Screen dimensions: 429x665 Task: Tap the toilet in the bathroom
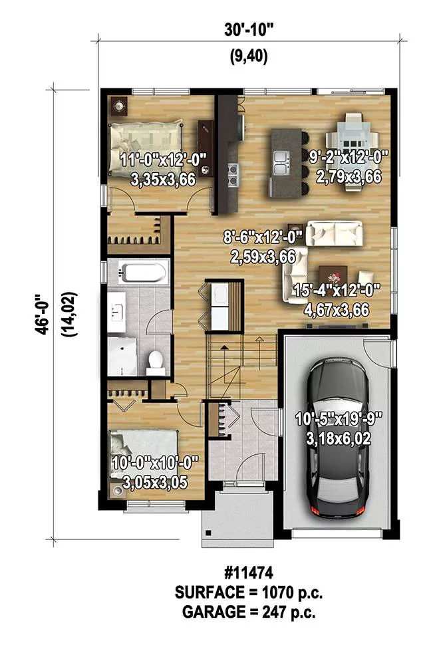coord(156,362)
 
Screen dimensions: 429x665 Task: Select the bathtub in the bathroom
coord(142,273)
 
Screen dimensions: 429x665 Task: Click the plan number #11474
coord(248,573)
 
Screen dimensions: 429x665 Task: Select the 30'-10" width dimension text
coord(249,30)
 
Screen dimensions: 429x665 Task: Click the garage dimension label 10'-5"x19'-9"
coord(339,419)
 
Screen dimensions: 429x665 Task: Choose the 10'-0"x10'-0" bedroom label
coord(155,463)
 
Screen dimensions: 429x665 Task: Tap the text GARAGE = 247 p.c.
coord(249,612)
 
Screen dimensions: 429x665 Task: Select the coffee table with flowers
coord(333,277)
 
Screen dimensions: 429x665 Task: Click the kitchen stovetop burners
coord(232,175)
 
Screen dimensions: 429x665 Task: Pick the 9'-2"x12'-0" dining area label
coord(349,158)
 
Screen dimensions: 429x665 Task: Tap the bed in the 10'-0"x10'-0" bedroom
coord(144,451)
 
